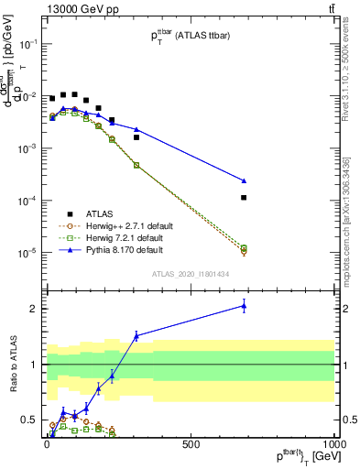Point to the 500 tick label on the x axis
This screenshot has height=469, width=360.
[191, 443]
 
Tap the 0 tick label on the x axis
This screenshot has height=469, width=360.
[46, 443]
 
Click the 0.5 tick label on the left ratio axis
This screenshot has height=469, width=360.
[28, 420]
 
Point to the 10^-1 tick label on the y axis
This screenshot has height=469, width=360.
[27, 43]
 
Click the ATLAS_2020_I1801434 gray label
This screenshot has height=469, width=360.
[190, 274]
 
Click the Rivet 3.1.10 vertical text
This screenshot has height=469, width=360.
[352, 82]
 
